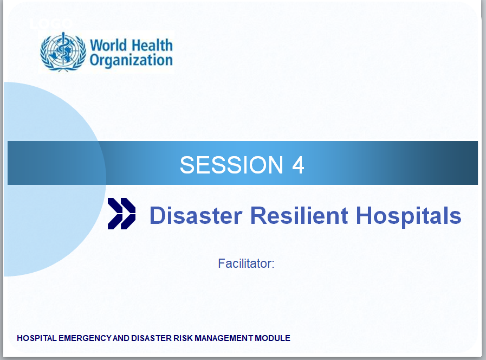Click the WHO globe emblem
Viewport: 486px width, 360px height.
63,52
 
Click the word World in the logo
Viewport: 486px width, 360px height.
108,46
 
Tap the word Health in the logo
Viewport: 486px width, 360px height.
151,45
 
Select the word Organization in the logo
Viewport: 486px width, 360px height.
131,61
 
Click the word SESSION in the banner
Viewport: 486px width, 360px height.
231,165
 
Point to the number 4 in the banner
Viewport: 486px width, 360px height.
298,165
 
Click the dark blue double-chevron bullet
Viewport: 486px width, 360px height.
121,214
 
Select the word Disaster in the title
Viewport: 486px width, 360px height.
196,215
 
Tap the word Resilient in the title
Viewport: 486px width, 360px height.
299,215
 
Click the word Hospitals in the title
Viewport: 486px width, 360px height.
409,216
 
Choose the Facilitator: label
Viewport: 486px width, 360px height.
246,263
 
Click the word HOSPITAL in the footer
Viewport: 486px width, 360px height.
37,338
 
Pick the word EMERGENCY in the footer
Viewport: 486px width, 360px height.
85,338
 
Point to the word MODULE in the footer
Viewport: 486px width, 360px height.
273,338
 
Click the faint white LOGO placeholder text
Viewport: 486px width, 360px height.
51,23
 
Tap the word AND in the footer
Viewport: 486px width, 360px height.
121,338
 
